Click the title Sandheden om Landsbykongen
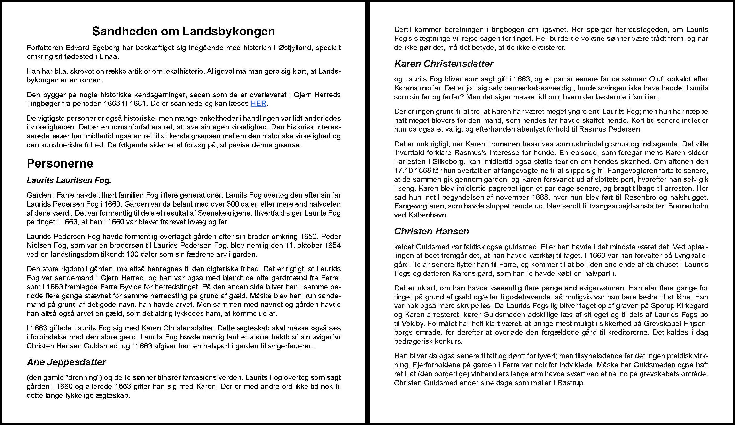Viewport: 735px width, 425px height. (x=183, y=31)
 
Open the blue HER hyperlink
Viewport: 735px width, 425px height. (x=258, y=104)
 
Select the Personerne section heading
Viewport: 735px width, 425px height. (x=60, y=163)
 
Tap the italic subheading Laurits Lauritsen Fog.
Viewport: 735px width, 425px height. (x=69, y=180)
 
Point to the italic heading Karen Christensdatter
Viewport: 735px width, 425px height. (x=444, y=64)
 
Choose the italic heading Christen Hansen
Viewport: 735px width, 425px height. (x=431, y=231)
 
